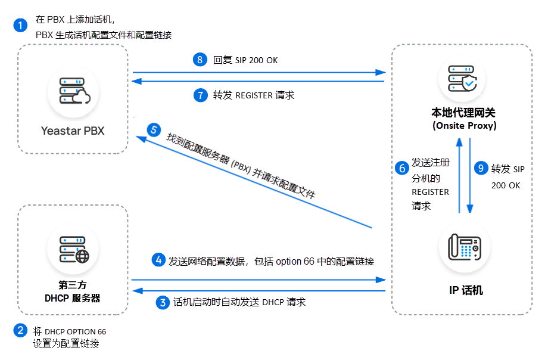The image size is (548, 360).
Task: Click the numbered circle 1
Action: pos(20,25)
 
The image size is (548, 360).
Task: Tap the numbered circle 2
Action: pos(20,330)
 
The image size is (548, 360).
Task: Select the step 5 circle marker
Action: pos(154,129)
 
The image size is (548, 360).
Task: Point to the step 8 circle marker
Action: pos(200,60)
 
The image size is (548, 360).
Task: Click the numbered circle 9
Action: pos(480,169)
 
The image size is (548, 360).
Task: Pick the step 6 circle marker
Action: pos(402,169)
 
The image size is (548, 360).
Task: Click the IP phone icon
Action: pos(465,247)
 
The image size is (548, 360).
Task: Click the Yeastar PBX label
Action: pos(73,131)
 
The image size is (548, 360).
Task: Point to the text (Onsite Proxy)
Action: pos(463,126)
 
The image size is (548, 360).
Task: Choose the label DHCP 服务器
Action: pos(73,297)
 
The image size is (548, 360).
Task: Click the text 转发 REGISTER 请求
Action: pos(254,95)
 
